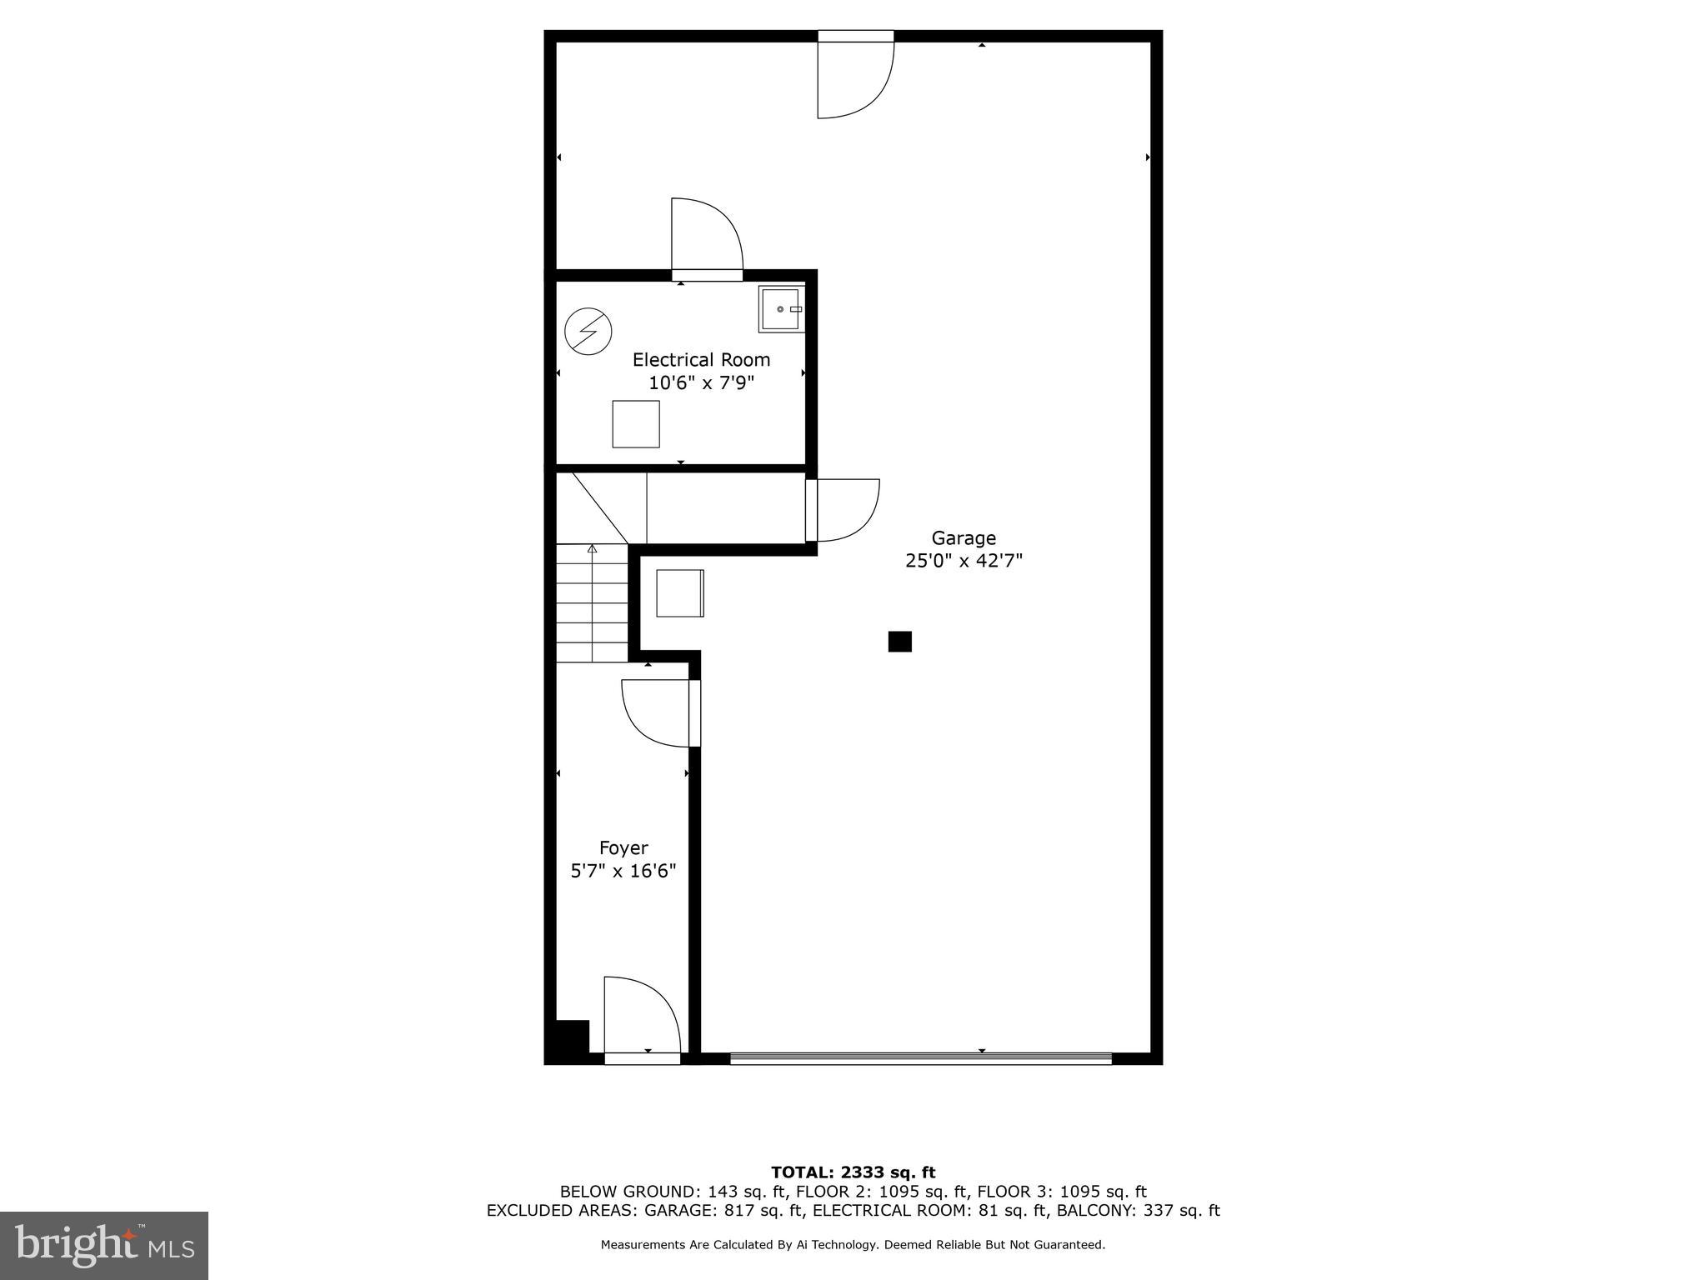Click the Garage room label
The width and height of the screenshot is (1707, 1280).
964,538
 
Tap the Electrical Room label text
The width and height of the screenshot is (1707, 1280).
701,360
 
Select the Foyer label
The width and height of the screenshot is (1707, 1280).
623,848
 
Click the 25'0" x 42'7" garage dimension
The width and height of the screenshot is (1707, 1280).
964,561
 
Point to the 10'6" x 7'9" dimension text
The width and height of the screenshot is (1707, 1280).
701,383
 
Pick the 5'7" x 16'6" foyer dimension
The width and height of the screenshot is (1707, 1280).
623,872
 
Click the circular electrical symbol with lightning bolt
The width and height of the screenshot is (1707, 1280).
588,332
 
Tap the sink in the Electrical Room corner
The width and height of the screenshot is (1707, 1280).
781,309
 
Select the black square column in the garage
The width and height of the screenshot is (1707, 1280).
899,642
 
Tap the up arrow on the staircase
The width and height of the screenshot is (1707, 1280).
593,549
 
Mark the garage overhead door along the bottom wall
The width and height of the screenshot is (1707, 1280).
921,1058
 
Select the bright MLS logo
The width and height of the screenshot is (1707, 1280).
104,1246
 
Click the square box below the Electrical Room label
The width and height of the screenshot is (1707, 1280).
636,424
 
